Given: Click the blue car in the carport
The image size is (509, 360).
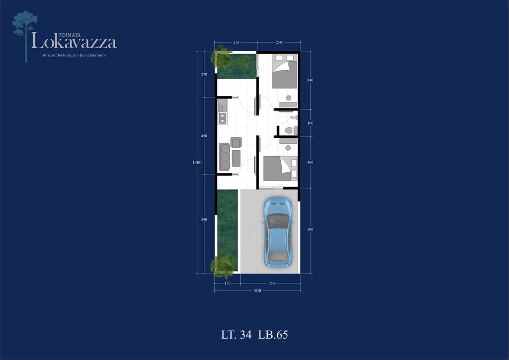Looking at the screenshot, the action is [278, 232].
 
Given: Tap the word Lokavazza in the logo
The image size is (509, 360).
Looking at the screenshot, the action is [74, 42].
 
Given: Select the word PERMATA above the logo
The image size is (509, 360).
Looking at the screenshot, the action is [70, 35].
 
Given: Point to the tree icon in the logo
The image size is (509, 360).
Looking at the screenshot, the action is [24, 36].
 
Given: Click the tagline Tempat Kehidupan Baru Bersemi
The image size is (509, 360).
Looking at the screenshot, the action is [74, 55].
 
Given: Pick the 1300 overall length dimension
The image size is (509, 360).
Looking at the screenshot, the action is [197, 162].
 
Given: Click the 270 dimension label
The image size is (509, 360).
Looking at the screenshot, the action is [204, 75].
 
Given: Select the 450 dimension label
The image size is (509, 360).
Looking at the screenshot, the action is [204, 136].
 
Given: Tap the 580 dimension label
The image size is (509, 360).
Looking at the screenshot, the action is [204, 219].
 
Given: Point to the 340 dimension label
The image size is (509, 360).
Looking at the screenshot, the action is [310, 80].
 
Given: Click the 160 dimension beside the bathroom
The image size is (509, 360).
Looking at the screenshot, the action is [310, 123].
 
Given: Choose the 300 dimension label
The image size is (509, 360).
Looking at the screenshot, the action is [310, 162].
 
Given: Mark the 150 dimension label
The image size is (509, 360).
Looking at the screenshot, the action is [227, 283].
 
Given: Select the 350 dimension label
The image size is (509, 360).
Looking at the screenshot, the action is [272, 283].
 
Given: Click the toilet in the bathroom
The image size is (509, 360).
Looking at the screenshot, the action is [291, 130].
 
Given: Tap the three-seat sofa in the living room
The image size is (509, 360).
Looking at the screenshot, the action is [224, 157].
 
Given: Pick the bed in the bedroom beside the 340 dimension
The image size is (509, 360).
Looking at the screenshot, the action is [285, 72].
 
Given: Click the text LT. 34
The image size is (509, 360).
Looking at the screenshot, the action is [236, 335].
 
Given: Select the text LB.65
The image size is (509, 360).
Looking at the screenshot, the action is [273, 335].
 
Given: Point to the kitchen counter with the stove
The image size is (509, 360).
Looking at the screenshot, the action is [222, 112].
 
